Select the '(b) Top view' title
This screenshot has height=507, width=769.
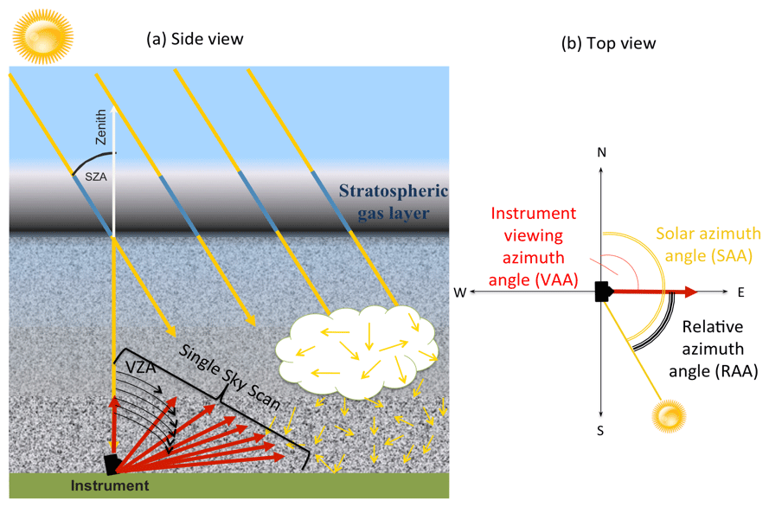tap(610, 43)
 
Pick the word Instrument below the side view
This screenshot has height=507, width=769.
tap(111, 486)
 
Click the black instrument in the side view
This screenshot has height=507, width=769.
tap(112, 464)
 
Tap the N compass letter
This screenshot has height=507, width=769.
tap(602, 152)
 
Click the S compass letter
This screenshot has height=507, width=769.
tap(602, 430)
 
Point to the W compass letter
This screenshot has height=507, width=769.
tap(459, 293)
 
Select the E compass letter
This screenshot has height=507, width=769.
tap(741, 292)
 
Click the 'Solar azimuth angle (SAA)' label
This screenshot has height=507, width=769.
tap(708, 245)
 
